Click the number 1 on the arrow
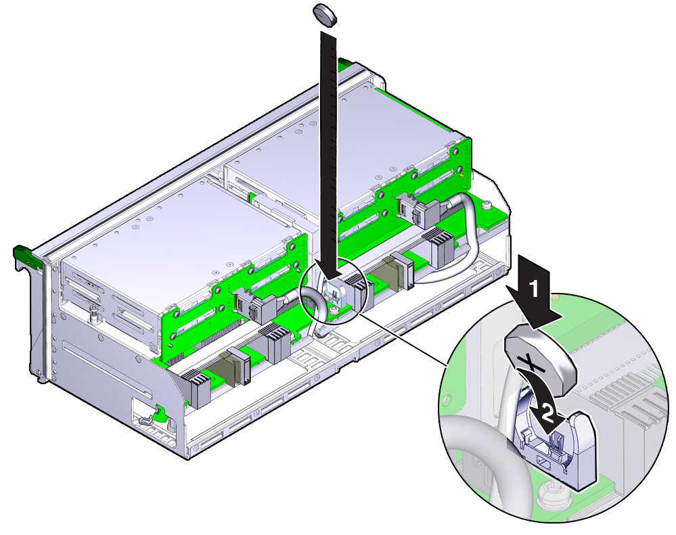(x=534, y=289)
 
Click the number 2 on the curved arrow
(x=546, y=414)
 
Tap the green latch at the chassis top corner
(x=346, y=64)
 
